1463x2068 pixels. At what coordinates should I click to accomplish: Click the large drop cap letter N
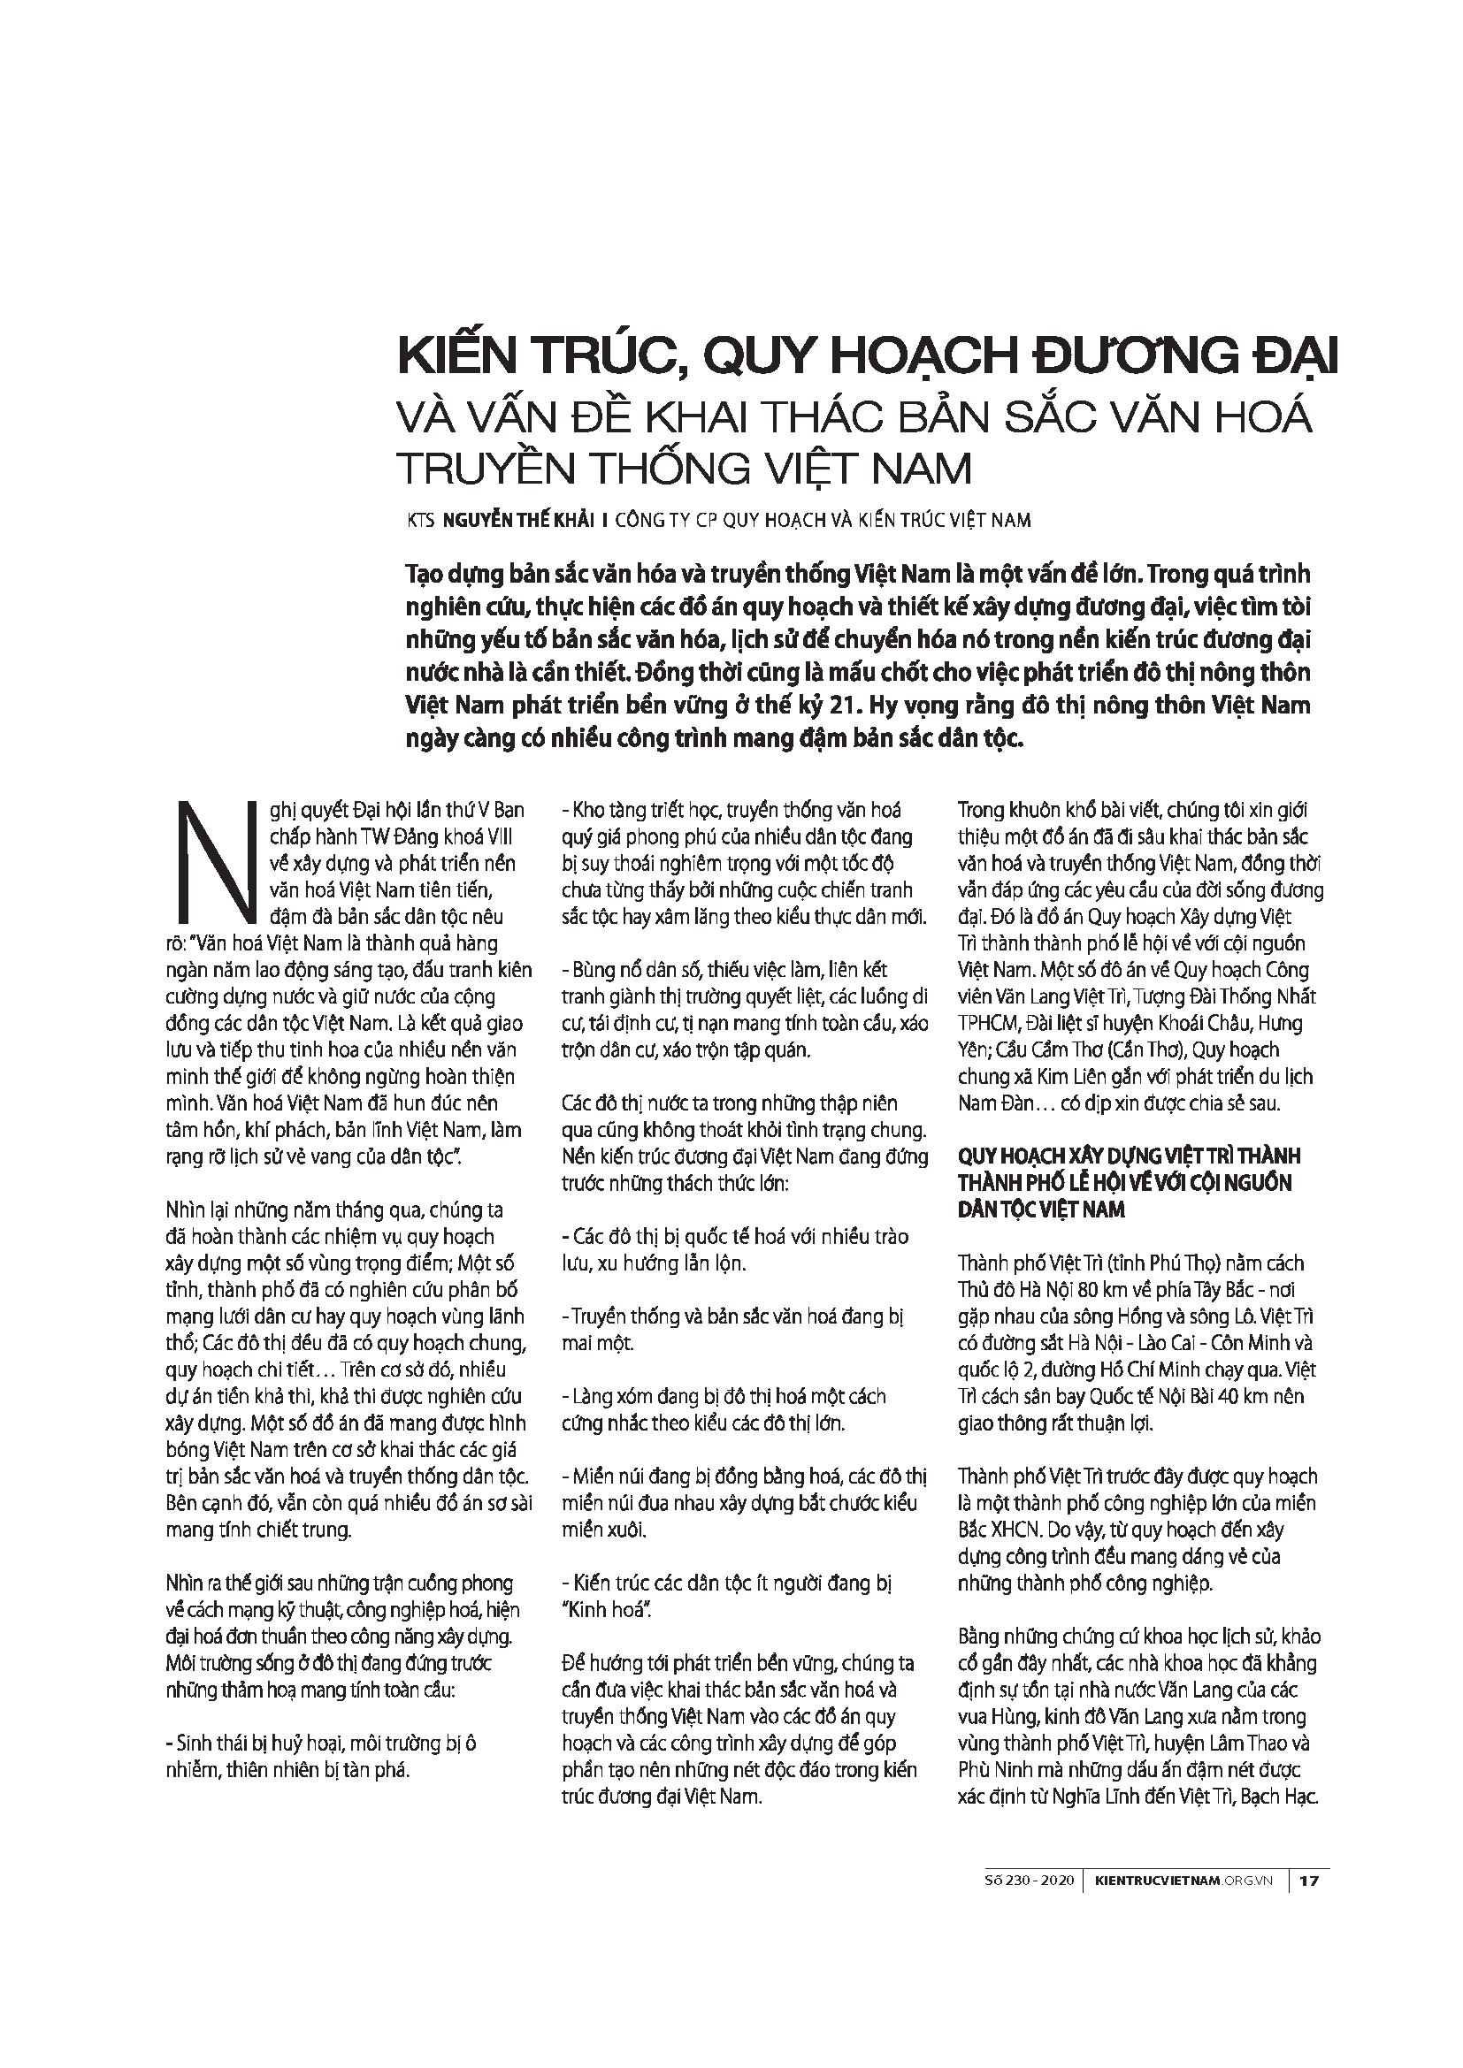[x=215, y=858]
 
